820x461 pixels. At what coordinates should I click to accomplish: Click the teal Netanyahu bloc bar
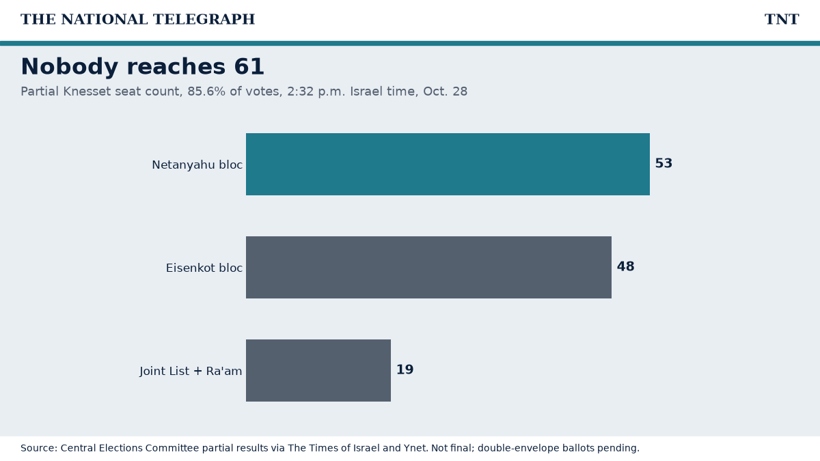pyautogui.click(x=448, y=165)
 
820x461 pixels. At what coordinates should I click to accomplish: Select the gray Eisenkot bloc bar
pyautogui.click(x=428, y=268)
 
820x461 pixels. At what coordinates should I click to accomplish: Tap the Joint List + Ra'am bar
pyautogui.click(x=318, y=371)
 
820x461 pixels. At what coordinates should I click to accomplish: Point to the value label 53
pyautogui.click(x=664, y=163)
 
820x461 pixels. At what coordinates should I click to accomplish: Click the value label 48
pyautogui.click(x=625, y=266)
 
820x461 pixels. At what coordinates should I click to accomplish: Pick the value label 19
pyautogui.click(x=405, y=369)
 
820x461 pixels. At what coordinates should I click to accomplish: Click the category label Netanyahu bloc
pyautogui.click(x=197, y=165)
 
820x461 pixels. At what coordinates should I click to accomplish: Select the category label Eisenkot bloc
pyautogui.click(x=204, y=268)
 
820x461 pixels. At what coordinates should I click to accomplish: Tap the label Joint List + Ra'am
pyautogui.click(x=191, y=371)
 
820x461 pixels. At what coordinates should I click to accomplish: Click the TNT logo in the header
pyautogui.click(x=782, y=19)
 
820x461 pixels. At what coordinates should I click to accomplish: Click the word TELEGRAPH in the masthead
pyautogui.click(x=204, y=19)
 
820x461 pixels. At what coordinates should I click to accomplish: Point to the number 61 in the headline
pyautogui.click(x=249, y=67)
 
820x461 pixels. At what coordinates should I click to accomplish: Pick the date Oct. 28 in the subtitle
pyautogui.click(x=445, y=92)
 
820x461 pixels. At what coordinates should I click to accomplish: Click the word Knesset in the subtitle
pyautogui.click(x=87, y=92)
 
